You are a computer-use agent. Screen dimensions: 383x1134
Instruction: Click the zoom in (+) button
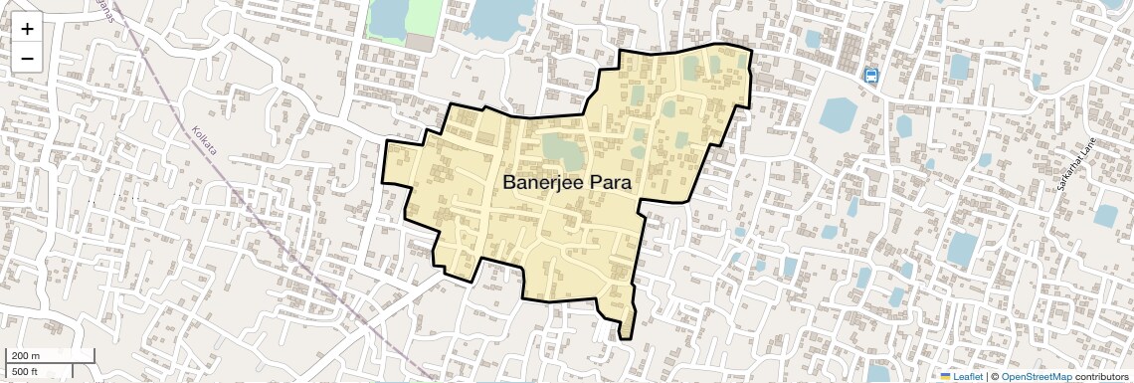point(27,29)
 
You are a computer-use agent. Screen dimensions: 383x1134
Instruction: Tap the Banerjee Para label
point(568,182)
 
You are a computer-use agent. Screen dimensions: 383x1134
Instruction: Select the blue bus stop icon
point(871,76)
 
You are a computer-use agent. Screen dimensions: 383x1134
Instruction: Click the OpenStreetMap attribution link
point(1036,377)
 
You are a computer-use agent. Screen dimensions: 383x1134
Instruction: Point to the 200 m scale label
point(27,356)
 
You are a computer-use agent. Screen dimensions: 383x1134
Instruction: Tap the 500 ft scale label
point(25,372)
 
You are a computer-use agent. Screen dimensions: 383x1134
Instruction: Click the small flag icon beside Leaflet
point(946,377)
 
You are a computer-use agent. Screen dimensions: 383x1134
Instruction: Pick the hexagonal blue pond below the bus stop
point(840,114)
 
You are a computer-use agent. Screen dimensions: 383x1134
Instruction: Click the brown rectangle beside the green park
point(419,44)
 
